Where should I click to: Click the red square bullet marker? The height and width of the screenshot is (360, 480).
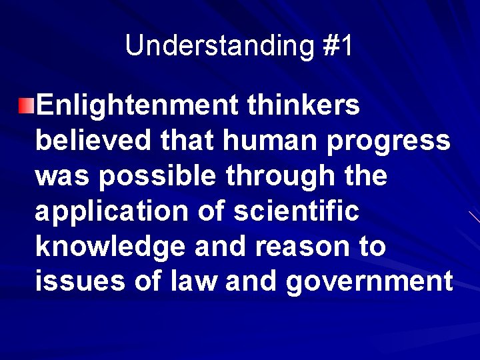26,105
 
